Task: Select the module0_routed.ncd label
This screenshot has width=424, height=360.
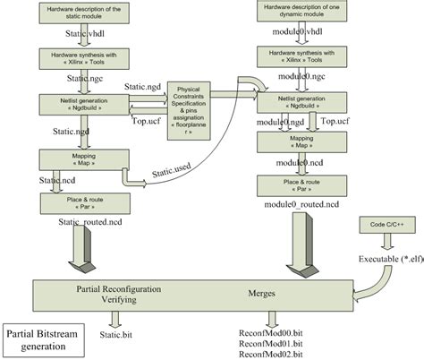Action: pyautogui.click(x=302, y=205)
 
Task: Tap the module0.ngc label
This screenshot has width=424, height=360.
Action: pyautogui.click(x=296, y=78)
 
